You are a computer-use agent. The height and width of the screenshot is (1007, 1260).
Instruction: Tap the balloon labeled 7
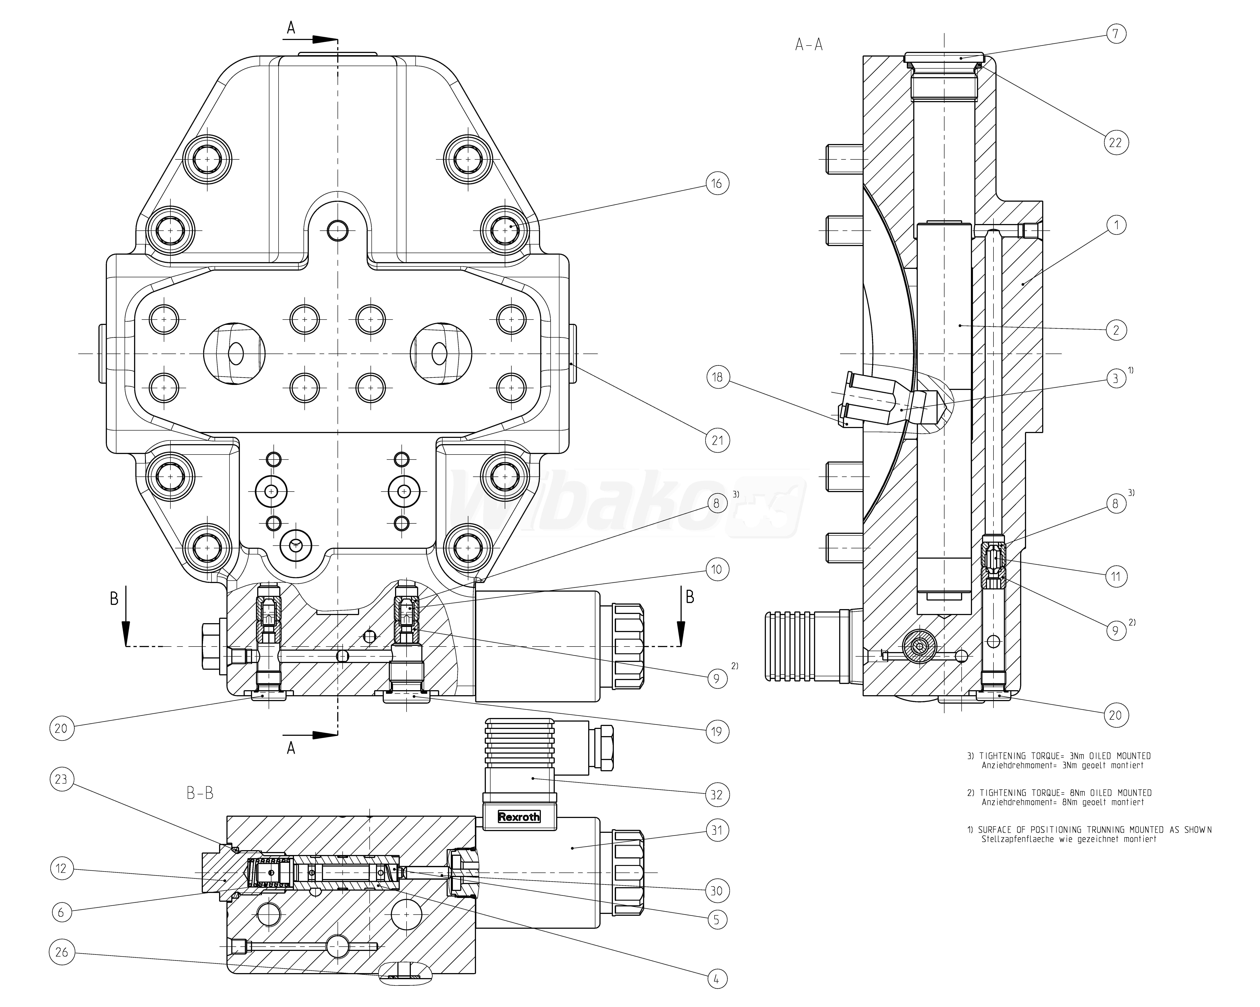point(1115,34)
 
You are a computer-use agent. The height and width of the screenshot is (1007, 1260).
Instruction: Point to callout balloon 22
point(1116,142)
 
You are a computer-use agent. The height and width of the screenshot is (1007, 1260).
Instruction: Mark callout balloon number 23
point(61,779)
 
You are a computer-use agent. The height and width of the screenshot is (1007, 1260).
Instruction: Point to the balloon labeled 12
point(61,869)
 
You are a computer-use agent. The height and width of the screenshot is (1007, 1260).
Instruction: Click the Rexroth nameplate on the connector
point(518,817)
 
